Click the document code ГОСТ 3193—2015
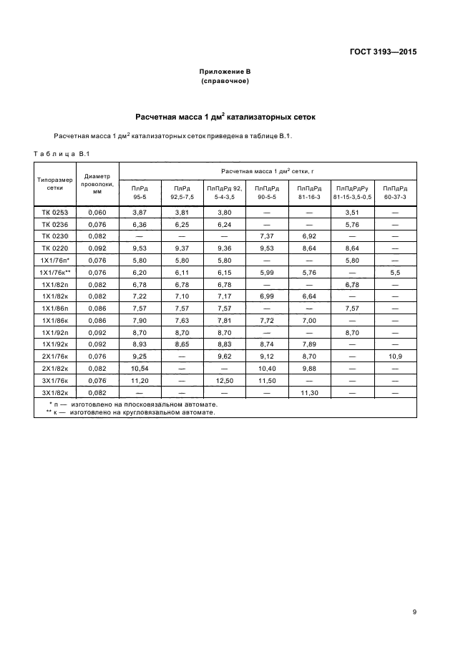tap(383, 52)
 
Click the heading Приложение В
tap(225, 72)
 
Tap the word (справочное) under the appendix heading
tap(225, 81)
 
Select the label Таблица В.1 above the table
tap(60, 153)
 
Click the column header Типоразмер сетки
tap(54, 183)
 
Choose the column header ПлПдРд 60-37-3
tap(395, 191)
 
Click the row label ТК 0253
tap(54, 213)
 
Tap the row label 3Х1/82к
tap(54, 393)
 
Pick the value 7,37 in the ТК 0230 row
tap(266, 236)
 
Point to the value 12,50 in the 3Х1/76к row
tap(224, 381)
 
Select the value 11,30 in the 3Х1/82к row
tap(309, 393)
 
